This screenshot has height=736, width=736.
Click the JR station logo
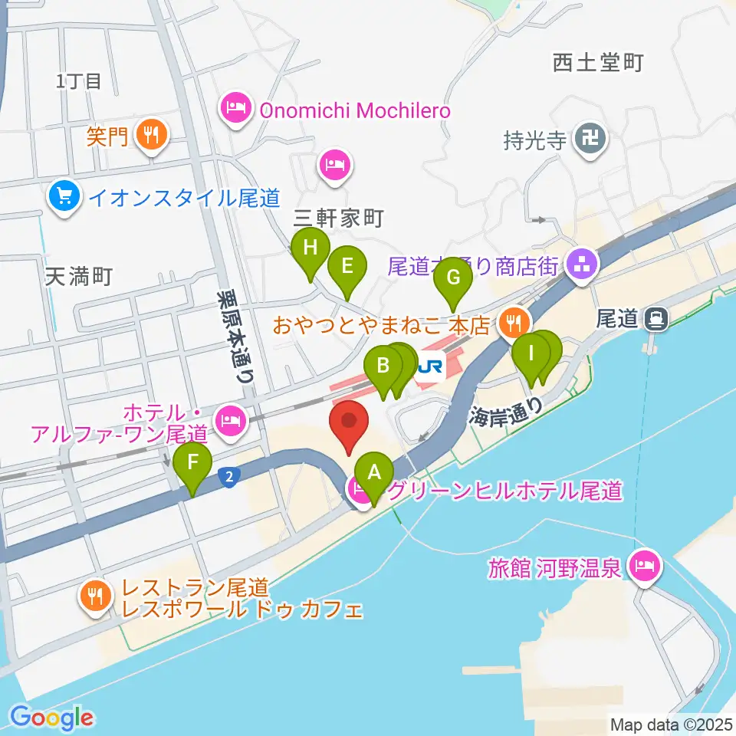(x=430, y=368)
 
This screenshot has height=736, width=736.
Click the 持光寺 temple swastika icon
(x=593, y=140)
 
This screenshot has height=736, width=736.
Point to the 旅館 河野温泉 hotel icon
(x=642, y=567)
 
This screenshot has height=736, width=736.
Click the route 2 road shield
(x=228, y=477)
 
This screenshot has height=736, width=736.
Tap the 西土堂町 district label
(x=597, y=63)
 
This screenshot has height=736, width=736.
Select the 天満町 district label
(x=79, y=277)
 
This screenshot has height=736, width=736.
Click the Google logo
(x=52, y=718)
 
